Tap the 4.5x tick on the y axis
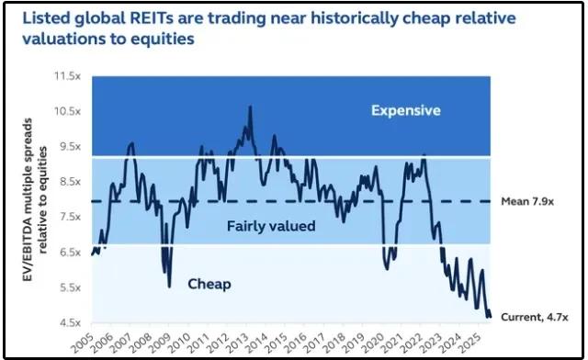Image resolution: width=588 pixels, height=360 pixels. pos(70,322)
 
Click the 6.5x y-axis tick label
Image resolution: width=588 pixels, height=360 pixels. pos(70,252)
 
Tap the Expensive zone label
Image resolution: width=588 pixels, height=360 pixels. pos(405,111)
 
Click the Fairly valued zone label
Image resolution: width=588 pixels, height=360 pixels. pos(270,226)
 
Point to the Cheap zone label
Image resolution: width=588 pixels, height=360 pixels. pos(210,284)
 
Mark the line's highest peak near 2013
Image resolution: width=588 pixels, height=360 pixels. pos(250,107)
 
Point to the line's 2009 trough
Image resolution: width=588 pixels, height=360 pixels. pos(169,287)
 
